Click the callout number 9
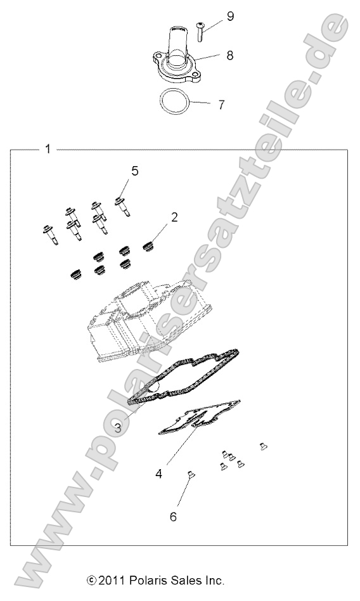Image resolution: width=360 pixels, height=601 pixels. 230,16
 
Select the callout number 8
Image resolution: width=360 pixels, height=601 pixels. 230,56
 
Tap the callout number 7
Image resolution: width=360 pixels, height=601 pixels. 221,105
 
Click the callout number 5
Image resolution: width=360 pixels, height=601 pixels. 134,171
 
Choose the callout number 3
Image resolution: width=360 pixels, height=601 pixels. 118,427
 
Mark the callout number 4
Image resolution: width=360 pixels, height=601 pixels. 160,473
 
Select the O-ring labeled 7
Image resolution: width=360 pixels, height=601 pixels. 176,101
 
